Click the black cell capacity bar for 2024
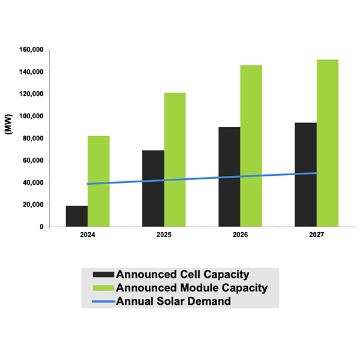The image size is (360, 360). (77, 216)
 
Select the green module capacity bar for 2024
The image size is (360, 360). (98, 181)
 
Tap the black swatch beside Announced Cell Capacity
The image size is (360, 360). (101, 275)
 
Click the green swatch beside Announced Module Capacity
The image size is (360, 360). (101, 288)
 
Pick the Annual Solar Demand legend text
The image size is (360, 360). (173, 301)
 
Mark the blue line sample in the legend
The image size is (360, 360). (101, 301)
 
